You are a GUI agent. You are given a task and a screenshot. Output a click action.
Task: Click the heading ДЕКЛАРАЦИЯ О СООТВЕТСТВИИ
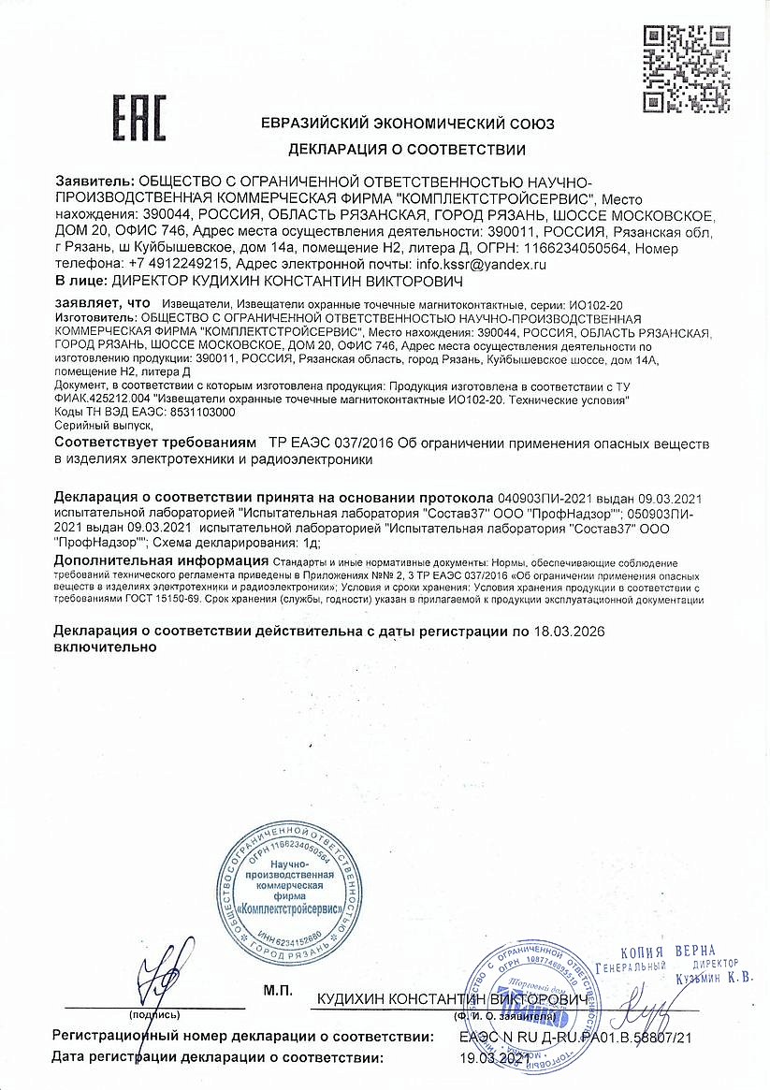click(407, 150)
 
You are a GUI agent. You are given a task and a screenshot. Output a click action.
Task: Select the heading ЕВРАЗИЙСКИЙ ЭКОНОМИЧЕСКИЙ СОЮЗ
click(407, 124)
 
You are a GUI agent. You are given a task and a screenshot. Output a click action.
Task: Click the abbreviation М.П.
click(278, 990)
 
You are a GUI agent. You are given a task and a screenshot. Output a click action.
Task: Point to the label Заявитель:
click(94, 182)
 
